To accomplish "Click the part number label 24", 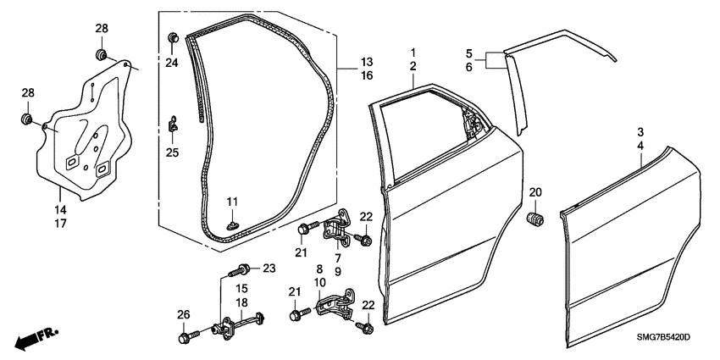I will [173, 63].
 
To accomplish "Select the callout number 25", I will [173, 153].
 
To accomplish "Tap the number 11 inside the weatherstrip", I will [233, 201].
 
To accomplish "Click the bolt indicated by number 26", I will [187, 338].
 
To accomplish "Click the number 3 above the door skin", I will [640, 132].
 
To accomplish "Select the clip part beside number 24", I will [173, 37].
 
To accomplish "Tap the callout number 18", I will [241, 302].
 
